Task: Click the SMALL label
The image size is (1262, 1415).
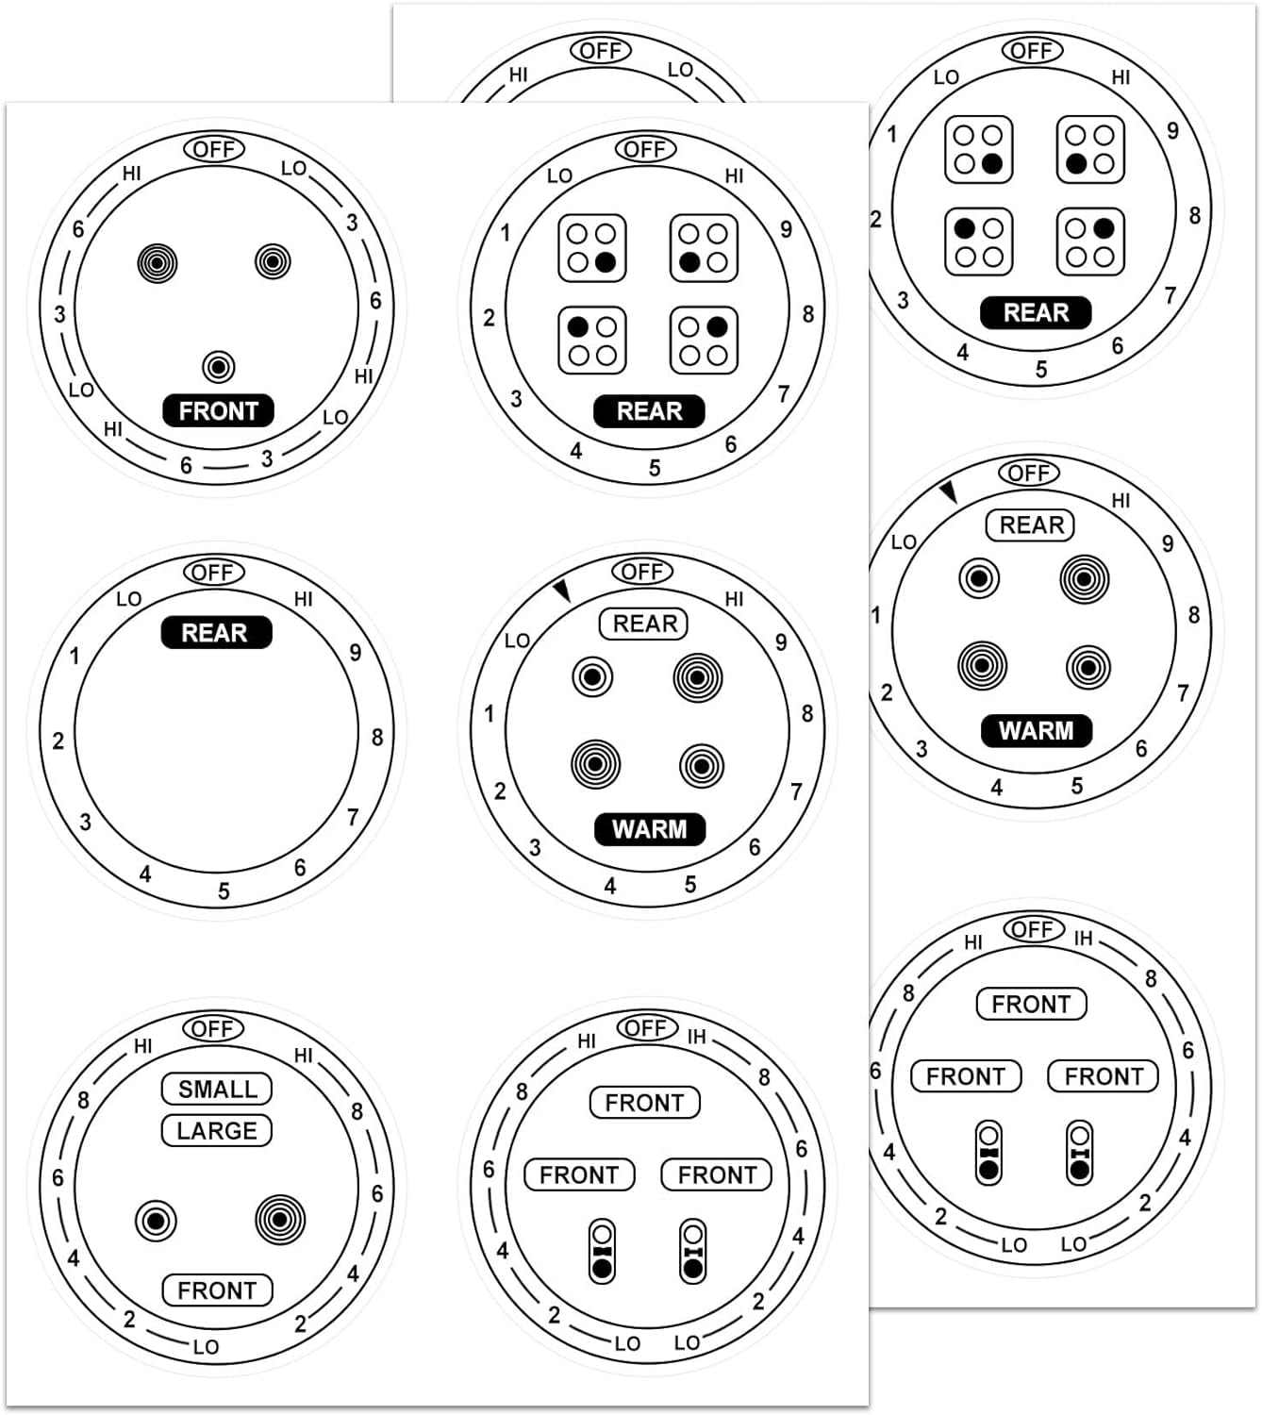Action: point(217,1089)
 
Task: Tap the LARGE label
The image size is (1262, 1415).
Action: point(217,1130)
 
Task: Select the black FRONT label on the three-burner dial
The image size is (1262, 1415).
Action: point(218,411)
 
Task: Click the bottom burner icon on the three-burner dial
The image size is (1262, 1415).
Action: point(219,366)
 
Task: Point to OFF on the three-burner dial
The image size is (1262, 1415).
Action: point(214,149)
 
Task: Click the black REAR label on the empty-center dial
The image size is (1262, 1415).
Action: point(215,632)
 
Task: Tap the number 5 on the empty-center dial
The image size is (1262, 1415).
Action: point(224,891)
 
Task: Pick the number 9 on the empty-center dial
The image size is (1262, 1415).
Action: point(355,652)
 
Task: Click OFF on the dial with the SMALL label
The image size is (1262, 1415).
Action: point(213,1028)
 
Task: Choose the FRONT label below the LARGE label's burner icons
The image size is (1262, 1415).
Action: point(217,1290)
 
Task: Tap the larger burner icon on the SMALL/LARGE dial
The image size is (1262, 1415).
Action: point(280,1219)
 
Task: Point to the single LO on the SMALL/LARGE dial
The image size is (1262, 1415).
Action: point(206,1347)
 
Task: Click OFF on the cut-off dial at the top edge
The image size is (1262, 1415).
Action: point(601,50)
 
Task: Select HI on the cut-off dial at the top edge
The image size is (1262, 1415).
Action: point(519,75)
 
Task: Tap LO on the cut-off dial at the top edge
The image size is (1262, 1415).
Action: point(680,70)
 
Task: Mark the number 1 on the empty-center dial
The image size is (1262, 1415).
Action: point(75,656)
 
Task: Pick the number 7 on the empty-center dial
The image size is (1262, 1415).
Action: point(353,817)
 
